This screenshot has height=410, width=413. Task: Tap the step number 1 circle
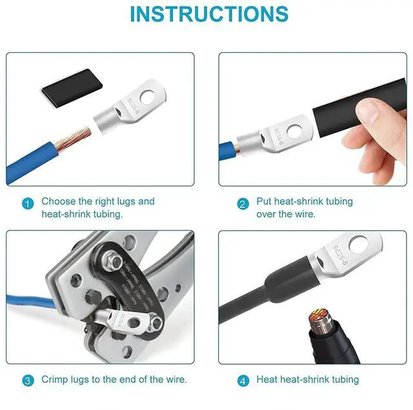[x=27, y=204]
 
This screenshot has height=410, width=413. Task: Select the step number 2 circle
[x=243, y=204]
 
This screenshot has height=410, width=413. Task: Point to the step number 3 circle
[x=27, y=380]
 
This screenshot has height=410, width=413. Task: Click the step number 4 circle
[x=243, y=380]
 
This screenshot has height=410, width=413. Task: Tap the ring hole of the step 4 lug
[x=359, y=245]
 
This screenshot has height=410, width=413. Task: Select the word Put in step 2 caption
[x=265, y=201]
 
